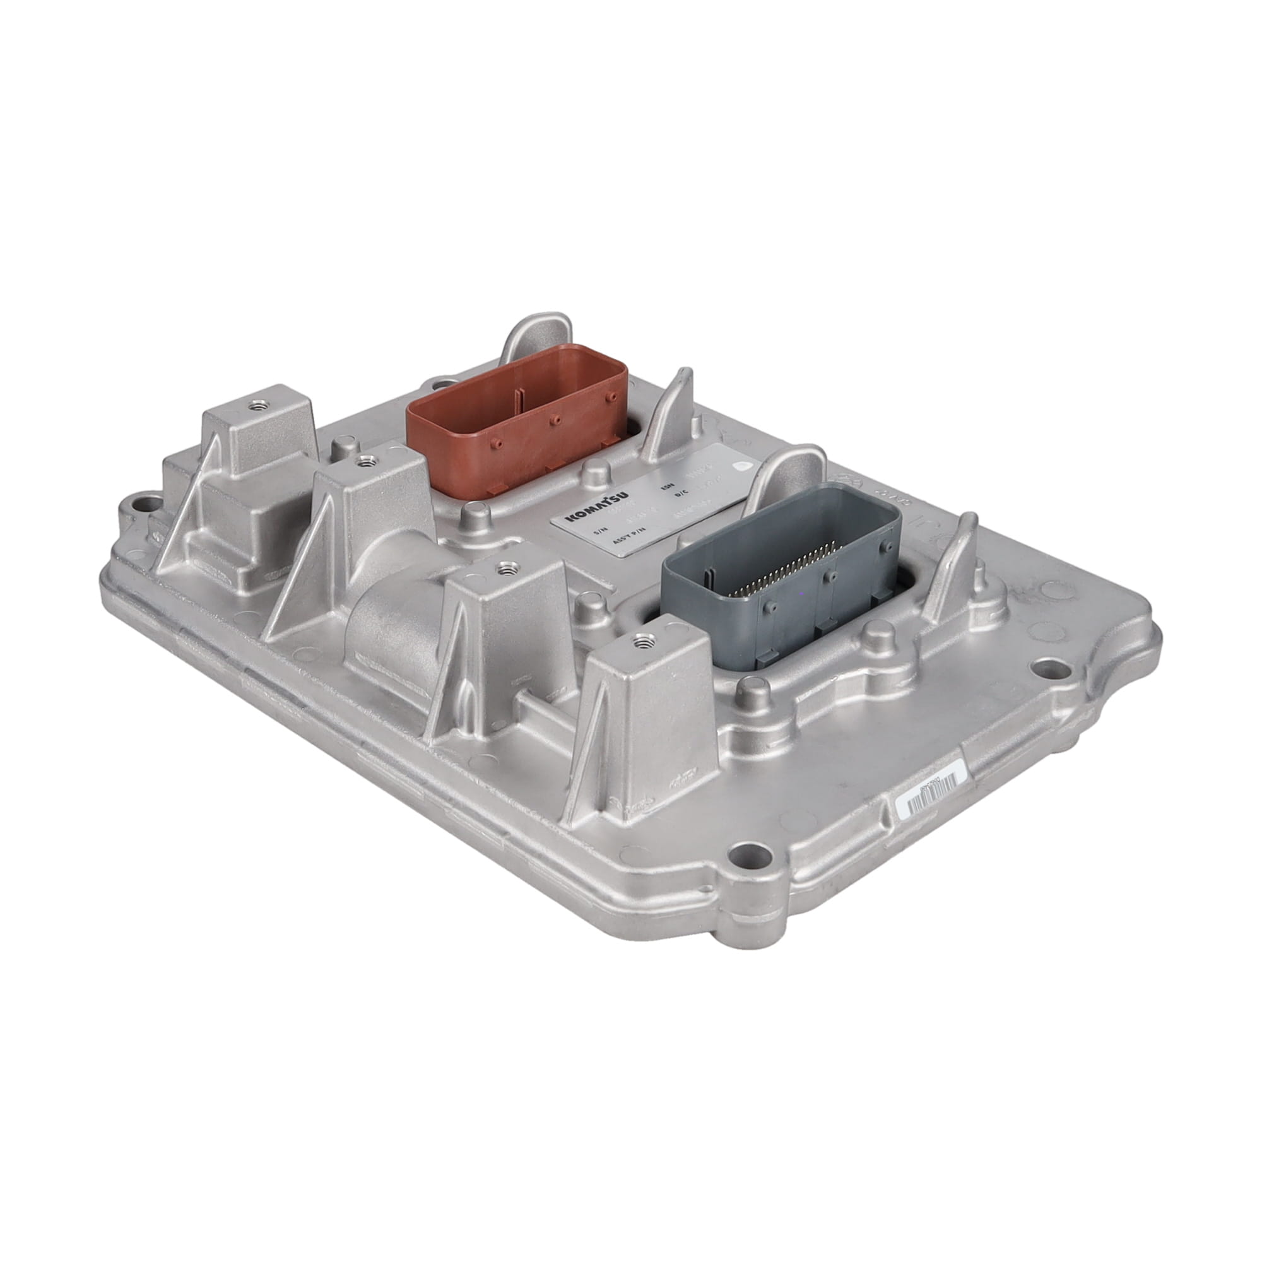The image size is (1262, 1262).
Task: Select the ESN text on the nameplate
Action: pos(667,487)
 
